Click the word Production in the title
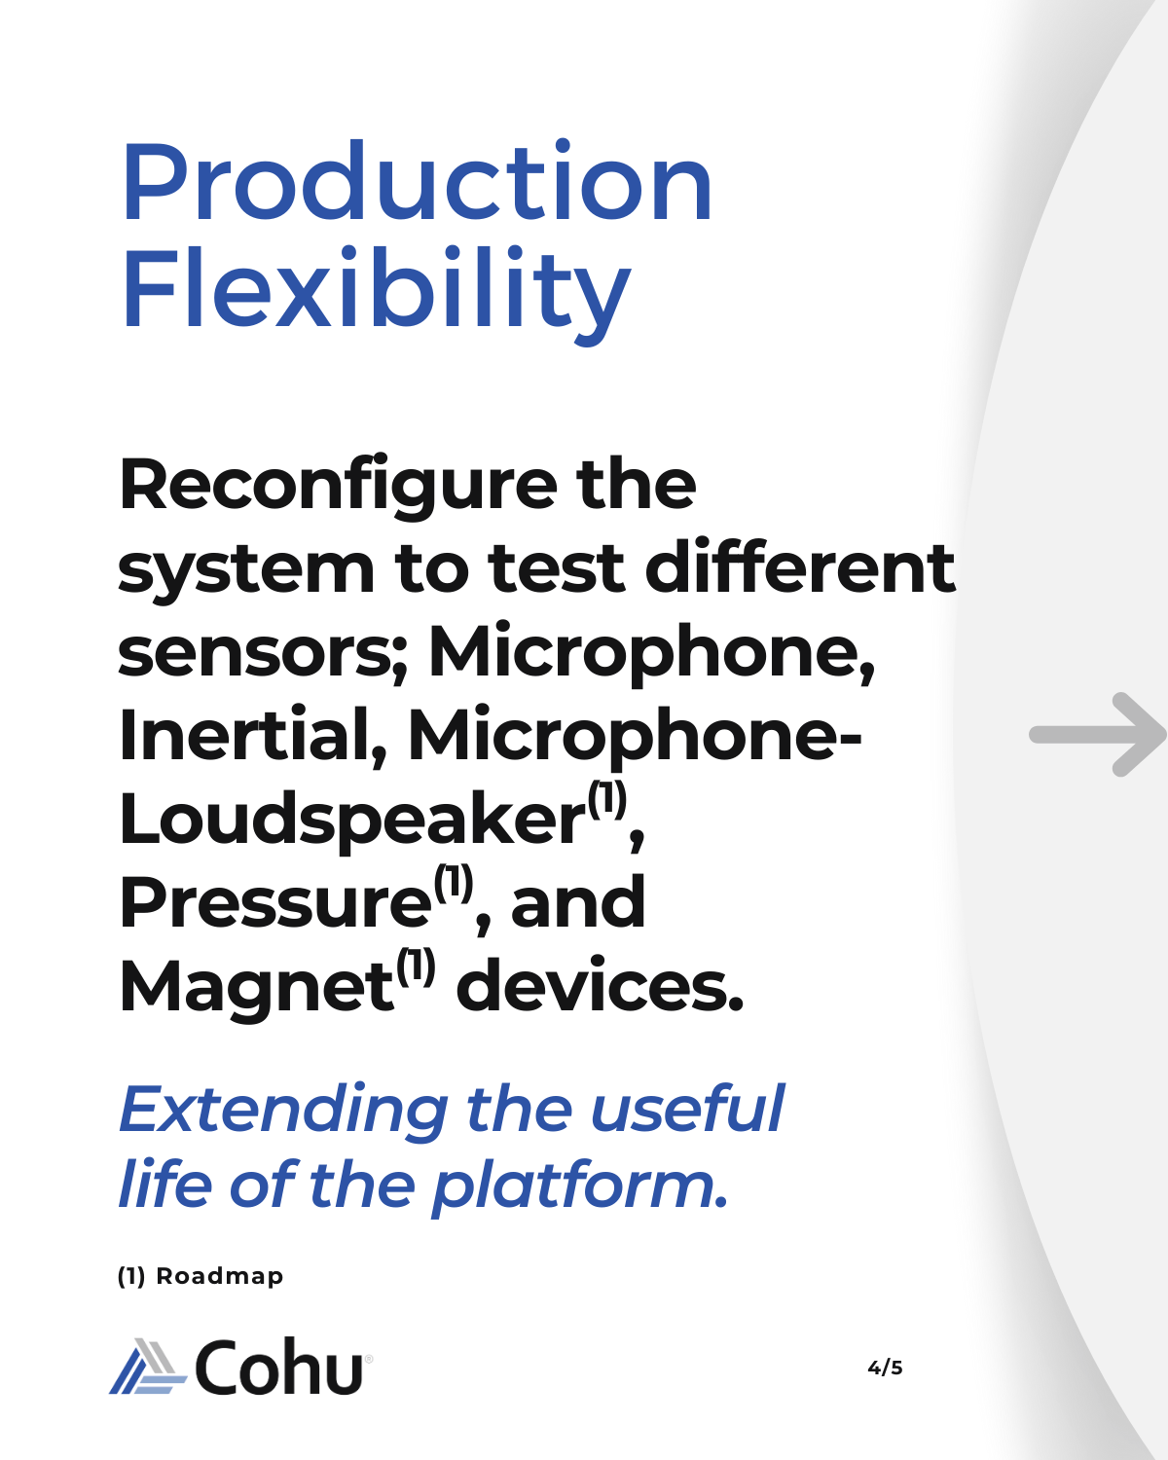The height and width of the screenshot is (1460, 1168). point(417,181)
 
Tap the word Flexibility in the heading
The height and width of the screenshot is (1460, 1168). point(376,296)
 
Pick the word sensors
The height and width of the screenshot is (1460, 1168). point(262,652)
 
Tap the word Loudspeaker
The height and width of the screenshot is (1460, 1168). point(351,820)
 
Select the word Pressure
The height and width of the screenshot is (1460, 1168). point(274,901)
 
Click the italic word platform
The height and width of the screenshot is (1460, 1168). point(580,1189)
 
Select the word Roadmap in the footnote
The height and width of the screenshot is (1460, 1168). point(220,1276)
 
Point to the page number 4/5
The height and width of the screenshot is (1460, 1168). point(885,1368)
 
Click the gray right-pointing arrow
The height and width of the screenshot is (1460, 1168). point(1097,735)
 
